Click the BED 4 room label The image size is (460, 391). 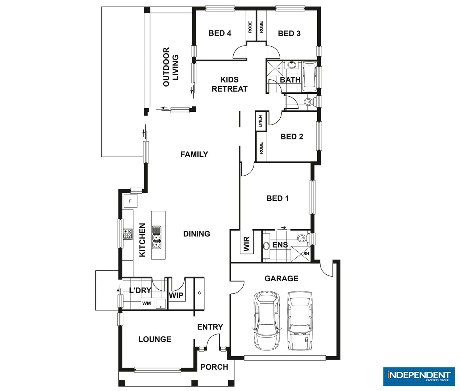point(220,33)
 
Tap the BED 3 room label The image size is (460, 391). point(289,34)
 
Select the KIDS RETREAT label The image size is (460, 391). point(230,84)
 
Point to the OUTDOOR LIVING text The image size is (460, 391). point(171,67)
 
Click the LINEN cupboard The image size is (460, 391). point(260,121)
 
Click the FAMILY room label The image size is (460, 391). point(194,155)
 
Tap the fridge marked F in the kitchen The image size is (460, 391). point(130,201)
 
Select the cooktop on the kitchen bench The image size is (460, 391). point(127,234)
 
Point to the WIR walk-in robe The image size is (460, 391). point(247,244)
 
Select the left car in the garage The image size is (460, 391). point(266,320)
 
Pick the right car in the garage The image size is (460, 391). point(300,321)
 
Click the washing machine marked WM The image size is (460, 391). point(147,303)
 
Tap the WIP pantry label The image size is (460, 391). point(176,295)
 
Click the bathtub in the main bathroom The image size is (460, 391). point(309,77)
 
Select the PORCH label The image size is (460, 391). point(214,367)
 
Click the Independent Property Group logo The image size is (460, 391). point(418,377)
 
